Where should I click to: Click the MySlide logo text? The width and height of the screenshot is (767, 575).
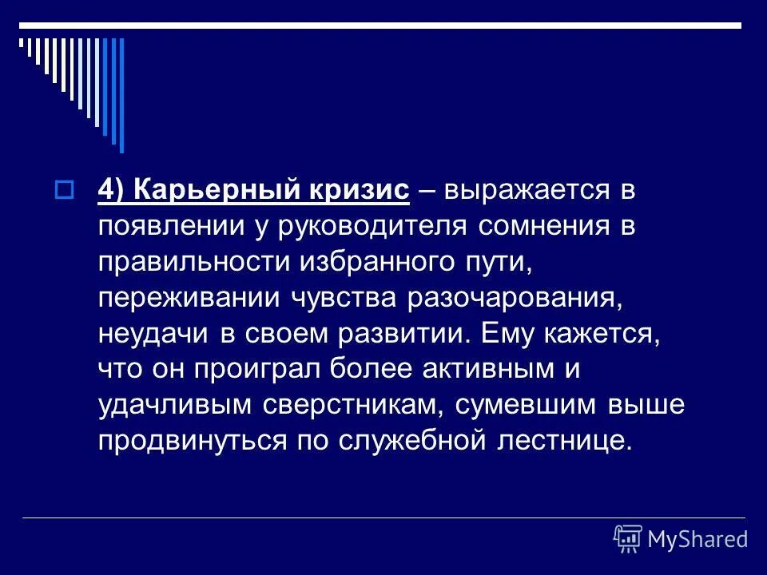tap(697, 539)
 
